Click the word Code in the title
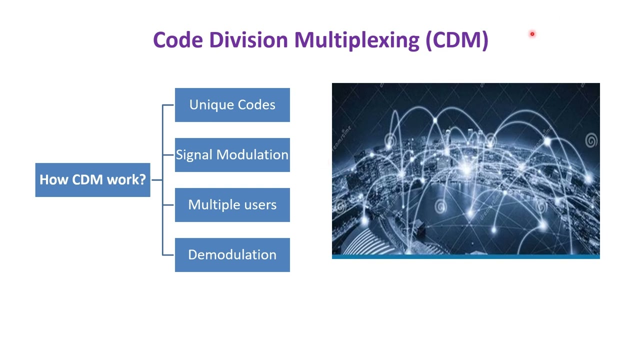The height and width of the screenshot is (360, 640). (x=177, y=40)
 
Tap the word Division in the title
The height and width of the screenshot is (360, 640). (x=248, y=40)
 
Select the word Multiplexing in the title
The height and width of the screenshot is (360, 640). (x=356, y=40)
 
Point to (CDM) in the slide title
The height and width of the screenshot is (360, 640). (x=457, y=40)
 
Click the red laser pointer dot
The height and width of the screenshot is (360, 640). (x=532, y=34)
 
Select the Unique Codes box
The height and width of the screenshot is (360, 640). (x=232, y=105)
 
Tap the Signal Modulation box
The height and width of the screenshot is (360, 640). (x=232, y=155)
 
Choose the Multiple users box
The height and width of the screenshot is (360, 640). (x=232, y=205)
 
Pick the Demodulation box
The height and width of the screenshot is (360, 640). (x=232, y=255)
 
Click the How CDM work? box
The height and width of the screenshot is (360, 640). (x=92, y=180)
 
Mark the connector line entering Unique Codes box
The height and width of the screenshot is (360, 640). (x=168, y=105)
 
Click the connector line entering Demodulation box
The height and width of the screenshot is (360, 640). (x=168, y=255)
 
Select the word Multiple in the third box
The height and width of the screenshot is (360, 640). (x=211, y=205)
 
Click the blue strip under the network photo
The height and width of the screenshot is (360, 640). (x=465, y=257)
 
